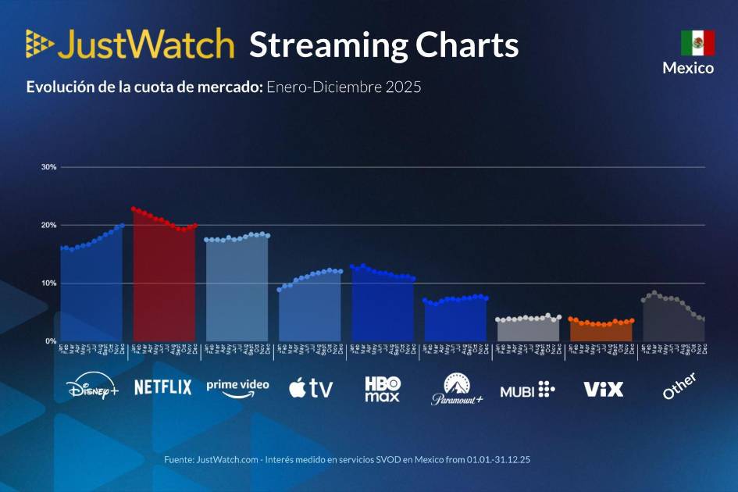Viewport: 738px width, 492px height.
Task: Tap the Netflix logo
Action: pyautogui.click(x=162, y=387)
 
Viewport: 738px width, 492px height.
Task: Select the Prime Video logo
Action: pyautogui.click(x=237, y=387)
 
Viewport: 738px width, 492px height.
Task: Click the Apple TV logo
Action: pyautogui.click(x=310, y=387)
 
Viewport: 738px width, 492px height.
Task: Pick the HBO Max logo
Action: pyautogui.click(x=382, y=388)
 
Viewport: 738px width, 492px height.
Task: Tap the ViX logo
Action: pyautogui.click(x=604, y=388)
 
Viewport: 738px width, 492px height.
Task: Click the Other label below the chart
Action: pyautogui.click(x=679, y=386)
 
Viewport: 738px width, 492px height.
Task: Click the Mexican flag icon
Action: pyautogui.click(x=697, y=43)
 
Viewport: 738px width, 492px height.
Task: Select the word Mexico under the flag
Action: pyautogui.click(x=688, y=68)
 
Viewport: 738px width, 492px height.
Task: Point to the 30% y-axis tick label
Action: pyautogui.click(x=49, y=167)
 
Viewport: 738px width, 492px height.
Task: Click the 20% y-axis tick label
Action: pyautogui.click(x=49, y=225)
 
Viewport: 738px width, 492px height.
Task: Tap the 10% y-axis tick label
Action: pyautogui.click(x=49, y=283)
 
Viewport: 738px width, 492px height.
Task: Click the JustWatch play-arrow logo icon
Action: pyautogui.click(x=40, y=45)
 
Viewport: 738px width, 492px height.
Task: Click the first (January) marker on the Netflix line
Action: pyautogui.click(x=134, y=209)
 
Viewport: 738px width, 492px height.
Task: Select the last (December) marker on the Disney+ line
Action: pyautogui.click(x=122, y=226)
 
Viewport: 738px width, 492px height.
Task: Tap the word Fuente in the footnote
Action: pyautogui.click(x=178, y=460)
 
